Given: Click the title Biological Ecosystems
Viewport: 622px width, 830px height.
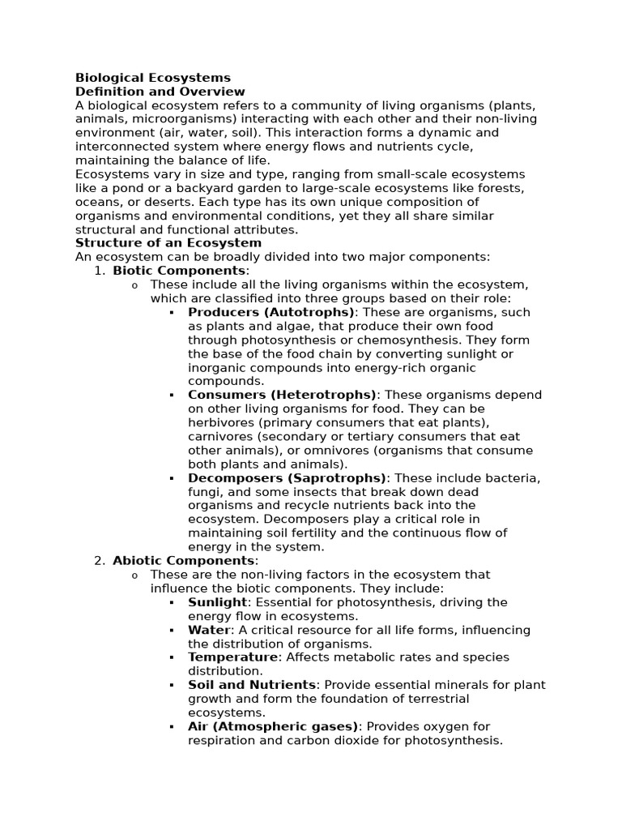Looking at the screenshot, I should tap(153, 78).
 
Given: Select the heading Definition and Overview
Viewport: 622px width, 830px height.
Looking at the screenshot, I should tap(160, 92).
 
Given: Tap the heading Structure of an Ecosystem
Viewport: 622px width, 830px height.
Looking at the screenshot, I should tap(168, 242).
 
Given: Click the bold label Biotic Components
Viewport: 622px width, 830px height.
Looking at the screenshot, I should tap(181, 270).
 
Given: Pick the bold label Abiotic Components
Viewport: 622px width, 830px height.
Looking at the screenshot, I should tap(184, 560).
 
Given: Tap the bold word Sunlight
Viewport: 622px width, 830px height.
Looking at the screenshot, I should tap(217, 602).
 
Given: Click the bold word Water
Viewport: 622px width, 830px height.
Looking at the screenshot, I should tap(209, 630).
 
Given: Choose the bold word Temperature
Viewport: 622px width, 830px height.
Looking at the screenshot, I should tap(232, 657).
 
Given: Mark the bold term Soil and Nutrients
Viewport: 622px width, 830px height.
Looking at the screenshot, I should tap(252, 685).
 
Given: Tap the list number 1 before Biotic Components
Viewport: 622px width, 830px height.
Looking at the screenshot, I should tap(100, 270).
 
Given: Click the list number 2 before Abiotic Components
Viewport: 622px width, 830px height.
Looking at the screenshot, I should tap(100, 560).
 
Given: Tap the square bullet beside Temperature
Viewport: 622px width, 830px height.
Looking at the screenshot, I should tap(172, 657).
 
